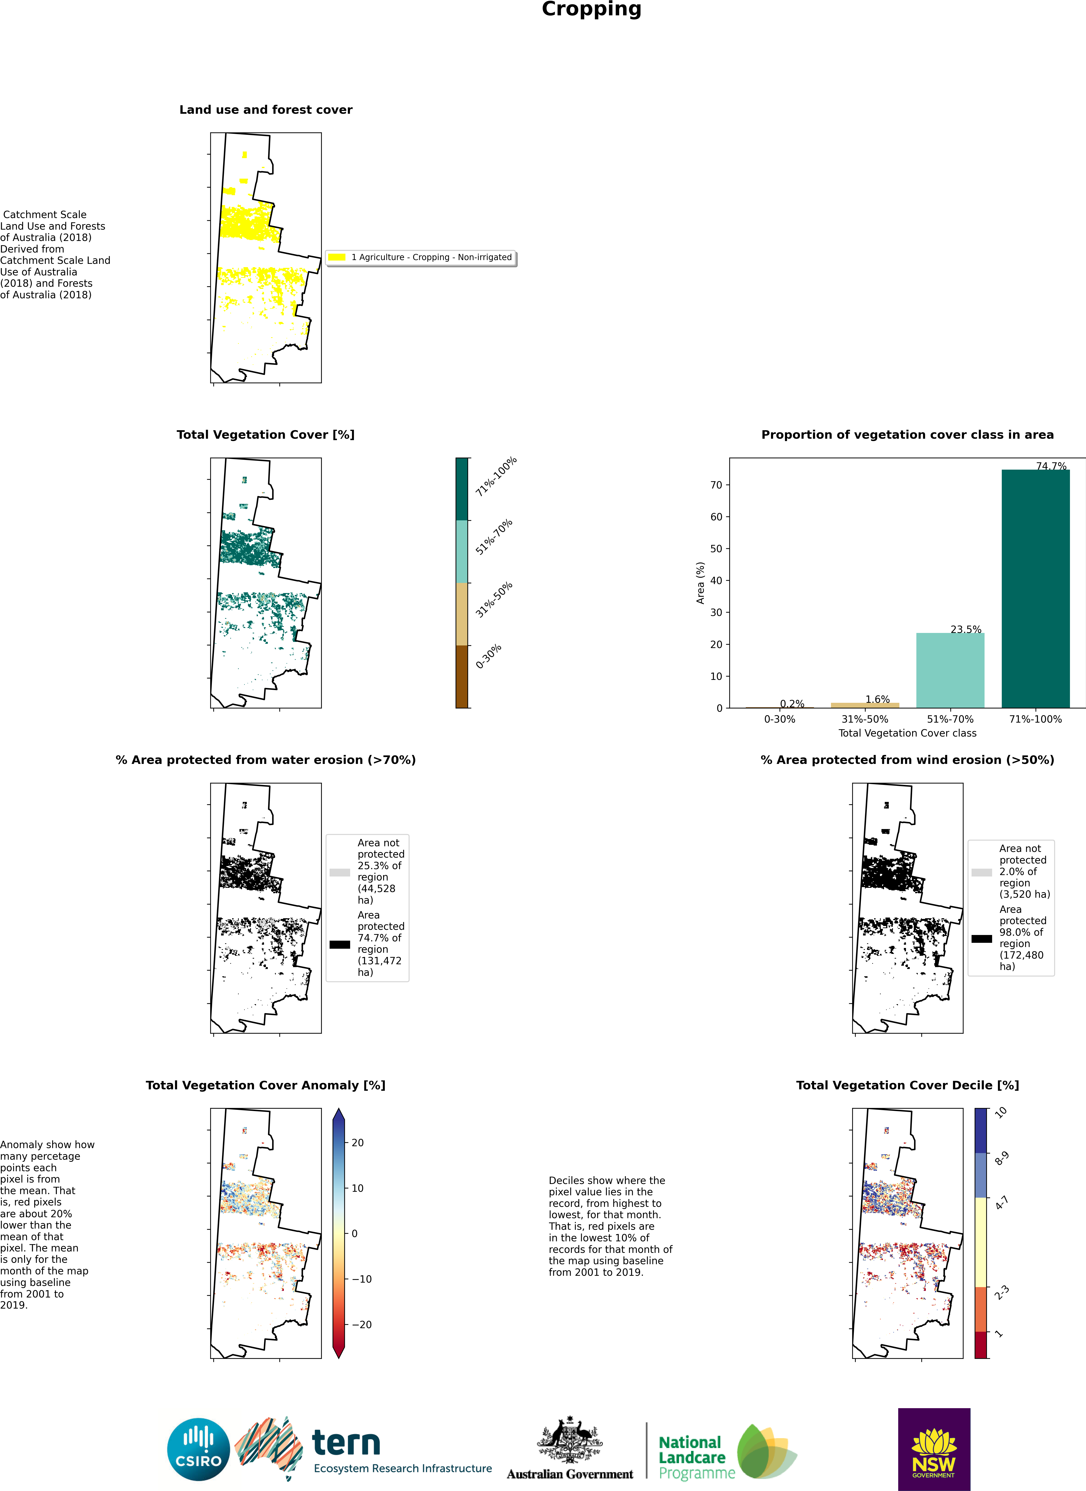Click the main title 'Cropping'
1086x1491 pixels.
pyautogui.click(x=591, y=9)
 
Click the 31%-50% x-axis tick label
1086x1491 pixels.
pyautogui.click(x=864, y=719)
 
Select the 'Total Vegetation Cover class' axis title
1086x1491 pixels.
pyautogui.click(x=907, y=733)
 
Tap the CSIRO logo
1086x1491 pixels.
pyautogui.click(x=198, y=1449)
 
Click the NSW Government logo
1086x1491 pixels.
pyautogui.click(x=934, y=1448)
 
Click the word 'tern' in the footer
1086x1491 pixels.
pyautogui.click(x=346, y=1443)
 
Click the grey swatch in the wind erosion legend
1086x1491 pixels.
pyautogui.click(x=981, y=872)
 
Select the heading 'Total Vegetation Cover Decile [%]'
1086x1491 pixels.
pyautogui.click(x=907, y=1085)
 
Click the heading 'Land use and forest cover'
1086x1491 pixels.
pyautogui.click(x=266, y=110)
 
